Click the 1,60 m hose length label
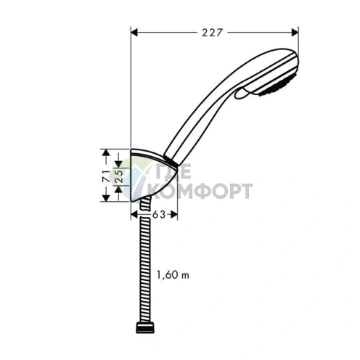click(173, 274)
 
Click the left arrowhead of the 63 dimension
click(134, 214)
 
